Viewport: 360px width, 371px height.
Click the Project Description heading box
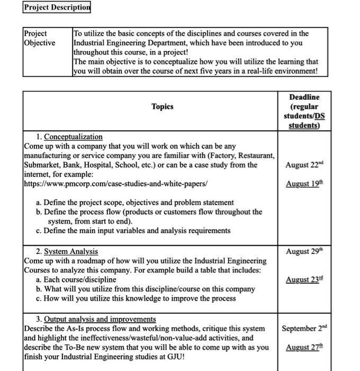click(x=57, y=7)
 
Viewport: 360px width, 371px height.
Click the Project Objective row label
click(x=39, y=38)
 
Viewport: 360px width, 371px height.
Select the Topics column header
click(x=162, y=107)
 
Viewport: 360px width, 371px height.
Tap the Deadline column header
click(x=304, y=111)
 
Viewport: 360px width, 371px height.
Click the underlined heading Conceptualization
click(x=73, y=137)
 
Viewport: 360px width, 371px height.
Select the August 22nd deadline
click(x=304, y=165)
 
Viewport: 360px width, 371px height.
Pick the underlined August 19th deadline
click(x=304, y=184)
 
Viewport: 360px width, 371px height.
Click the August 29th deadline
click(x=304, y=251)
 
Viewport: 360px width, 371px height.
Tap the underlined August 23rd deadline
click(x=304, y=280)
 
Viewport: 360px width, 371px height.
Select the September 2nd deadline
click(x=304, y=328)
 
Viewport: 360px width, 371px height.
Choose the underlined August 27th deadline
click(x=304, y=348)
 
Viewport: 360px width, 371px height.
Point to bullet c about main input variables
click(x=133, y=231)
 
